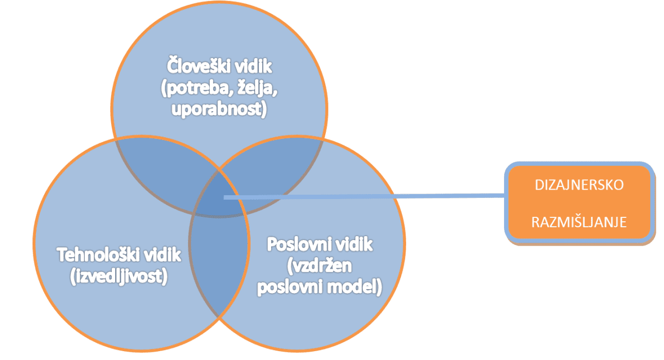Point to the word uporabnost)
pos(219,109)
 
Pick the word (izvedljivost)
pos(119,276)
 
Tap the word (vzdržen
pos(319,265)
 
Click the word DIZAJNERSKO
pos(579,185)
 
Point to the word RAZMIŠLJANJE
pos(579,222)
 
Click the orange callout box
pos(579,202)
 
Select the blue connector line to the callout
pos(364,196)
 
